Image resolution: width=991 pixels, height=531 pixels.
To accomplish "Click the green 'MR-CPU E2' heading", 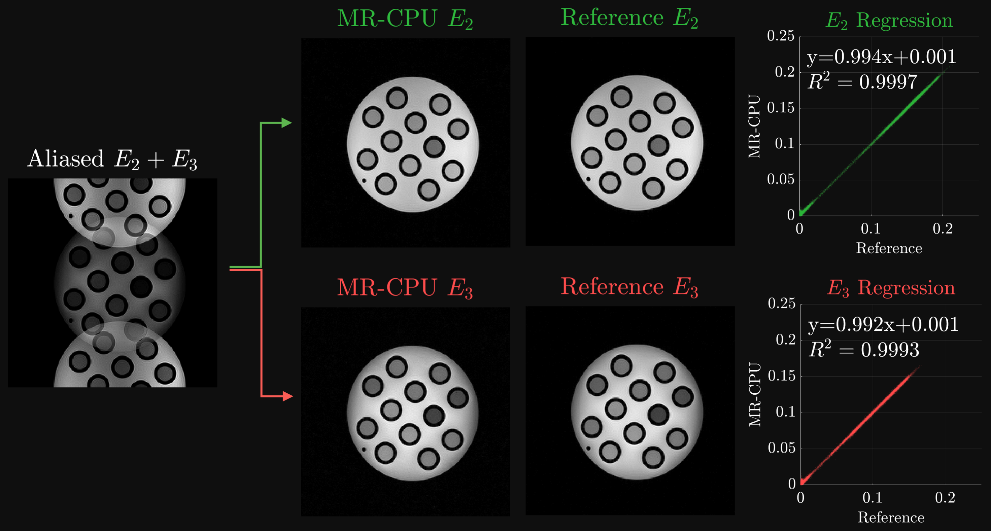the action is [x=405, y=19].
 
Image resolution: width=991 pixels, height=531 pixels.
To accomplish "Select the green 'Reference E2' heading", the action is [x=629, y=18].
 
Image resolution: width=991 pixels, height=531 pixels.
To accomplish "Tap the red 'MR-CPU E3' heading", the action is [x=405, y=288].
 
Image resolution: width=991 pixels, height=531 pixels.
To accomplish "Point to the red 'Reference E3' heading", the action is [x=629, y=287].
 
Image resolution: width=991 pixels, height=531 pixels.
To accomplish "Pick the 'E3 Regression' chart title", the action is [x=891, y=288].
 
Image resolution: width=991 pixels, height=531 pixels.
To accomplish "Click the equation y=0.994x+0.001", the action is [x=881, y=57].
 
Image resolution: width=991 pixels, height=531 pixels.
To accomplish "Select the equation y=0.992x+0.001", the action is [x=883, y=324].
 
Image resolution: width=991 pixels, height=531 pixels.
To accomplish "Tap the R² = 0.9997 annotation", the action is [x=862, y=82].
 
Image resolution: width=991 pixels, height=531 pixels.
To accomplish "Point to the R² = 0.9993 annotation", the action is [x=864, y=350].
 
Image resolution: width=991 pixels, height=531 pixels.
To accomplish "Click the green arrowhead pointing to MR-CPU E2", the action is [x=286, y=123].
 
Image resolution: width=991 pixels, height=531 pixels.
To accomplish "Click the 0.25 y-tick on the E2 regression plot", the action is [x=781, y=36].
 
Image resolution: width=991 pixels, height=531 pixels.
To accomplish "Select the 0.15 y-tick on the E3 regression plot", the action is [x=781, y=376].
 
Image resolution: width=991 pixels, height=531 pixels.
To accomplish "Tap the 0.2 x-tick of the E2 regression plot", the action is [x=943, y=229].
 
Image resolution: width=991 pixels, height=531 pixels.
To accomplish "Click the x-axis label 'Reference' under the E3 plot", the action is [x=891, y=518].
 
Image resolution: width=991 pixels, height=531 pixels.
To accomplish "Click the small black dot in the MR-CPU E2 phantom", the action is [x=364, y=180].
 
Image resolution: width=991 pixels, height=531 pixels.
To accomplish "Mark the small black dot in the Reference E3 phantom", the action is [x=588, y=448].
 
